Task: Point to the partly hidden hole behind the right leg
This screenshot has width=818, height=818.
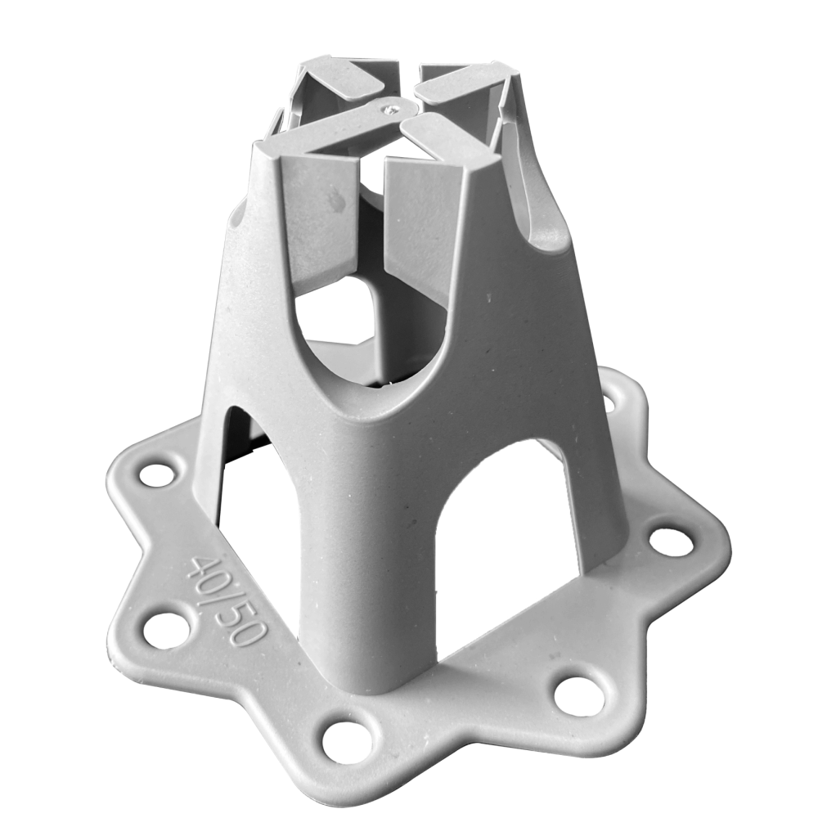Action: [x=609, y=402]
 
